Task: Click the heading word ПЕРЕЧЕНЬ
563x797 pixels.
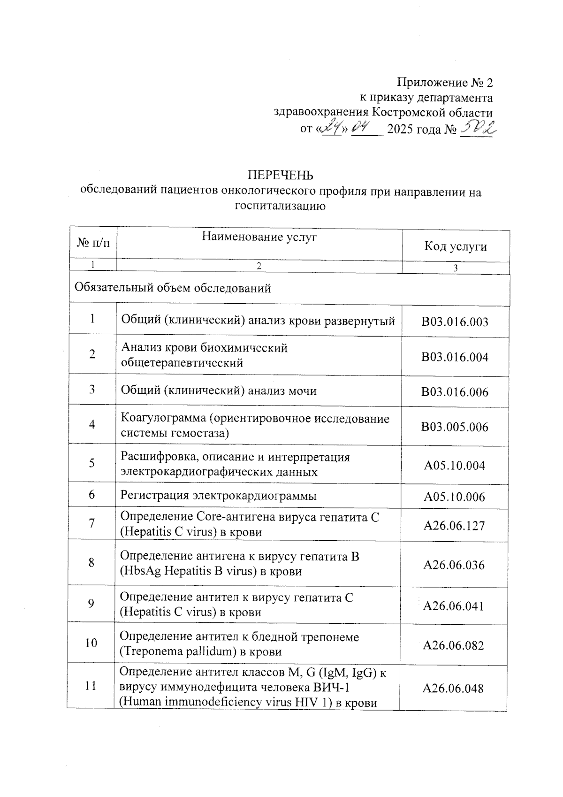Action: click(280, 175)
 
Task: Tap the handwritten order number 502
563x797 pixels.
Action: click(478, 127)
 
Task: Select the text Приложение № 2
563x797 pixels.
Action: click(445, 83)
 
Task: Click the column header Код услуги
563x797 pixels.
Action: click(455, 246)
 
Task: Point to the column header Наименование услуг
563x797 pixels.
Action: click(259, 237)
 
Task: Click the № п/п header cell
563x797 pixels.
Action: click(93, 243)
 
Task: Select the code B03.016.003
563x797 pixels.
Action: click(454, 322)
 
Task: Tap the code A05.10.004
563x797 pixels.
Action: click(454, 466)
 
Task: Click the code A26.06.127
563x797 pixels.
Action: click(454, 526)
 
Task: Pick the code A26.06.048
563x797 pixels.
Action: click(453, 689)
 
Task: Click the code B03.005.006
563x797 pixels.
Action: click(454, 427)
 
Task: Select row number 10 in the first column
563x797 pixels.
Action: click(91, 643)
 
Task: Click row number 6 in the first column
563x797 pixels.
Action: click(91, 494)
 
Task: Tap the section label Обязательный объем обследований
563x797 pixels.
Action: click(173, 288)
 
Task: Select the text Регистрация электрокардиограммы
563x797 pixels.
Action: click(218, 495)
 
